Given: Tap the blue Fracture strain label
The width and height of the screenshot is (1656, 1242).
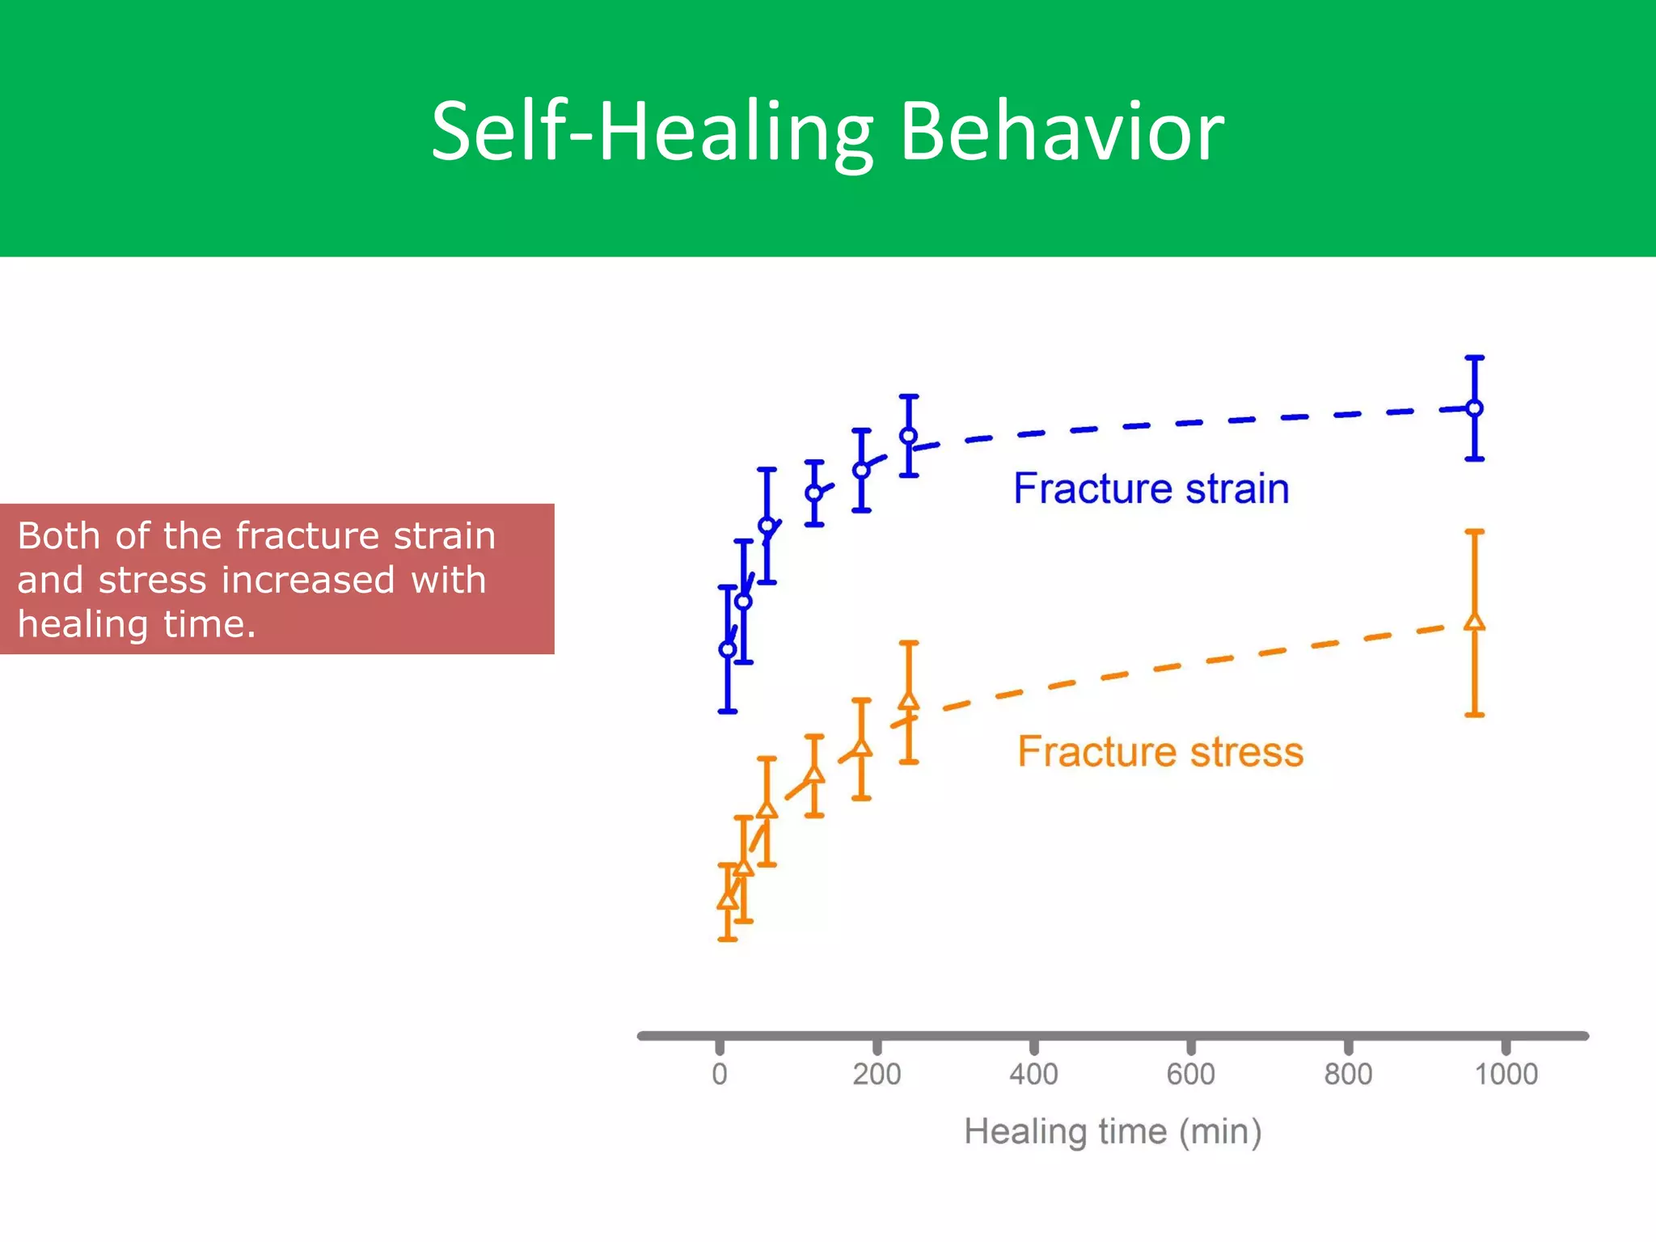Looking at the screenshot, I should [1151, 489].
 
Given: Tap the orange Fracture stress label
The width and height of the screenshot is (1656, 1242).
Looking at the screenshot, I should [1160, 752].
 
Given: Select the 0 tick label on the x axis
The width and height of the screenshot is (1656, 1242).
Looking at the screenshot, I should [720, 1075].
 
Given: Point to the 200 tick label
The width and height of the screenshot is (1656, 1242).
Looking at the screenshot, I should [877, 1075].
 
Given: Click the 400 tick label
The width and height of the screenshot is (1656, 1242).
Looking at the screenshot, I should [1033, 1075].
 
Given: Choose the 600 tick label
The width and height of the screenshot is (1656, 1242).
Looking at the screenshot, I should [1190, 1075].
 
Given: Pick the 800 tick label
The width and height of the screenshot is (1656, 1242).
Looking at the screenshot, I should [1348, 1075].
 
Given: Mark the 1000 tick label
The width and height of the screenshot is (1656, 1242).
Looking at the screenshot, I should [1506, 1075].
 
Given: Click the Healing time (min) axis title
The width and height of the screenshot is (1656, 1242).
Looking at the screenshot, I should [1113, 1132].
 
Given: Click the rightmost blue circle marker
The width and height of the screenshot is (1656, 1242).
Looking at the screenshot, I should [1475, 408].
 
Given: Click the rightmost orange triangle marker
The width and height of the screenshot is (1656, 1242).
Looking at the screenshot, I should [1475, 622].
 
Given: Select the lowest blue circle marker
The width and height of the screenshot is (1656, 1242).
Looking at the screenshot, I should [727, 649].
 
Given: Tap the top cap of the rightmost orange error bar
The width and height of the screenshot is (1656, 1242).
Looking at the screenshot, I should [1475, 531].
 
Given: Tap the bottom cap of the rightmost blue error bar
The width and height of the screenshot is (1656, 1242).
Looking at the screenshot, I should [1475, 459].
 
